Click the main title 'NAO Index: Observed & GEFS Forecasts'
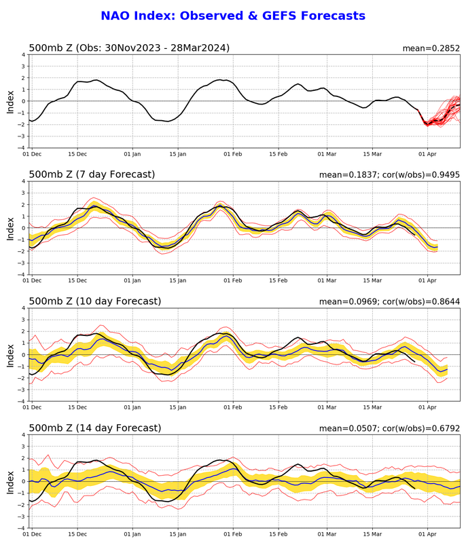click(233, 16)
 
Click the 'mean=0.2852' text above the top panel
click(431, 48)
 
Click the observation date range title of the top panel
click(129, 48)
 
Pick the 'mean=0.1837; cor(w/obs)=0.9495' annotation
click(390, 175)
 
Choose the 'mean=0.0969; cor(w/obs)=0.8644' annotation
click(390, 302)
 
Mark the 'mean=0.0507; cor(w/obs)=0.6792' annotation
click(390, 428)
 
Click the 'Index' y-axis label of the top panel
click(10, 101)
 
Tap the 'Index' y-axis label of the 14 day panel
click(10, 481)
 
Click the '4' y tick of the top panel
click(23, 54)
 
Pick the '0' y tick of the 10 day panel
click(23, 354)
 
